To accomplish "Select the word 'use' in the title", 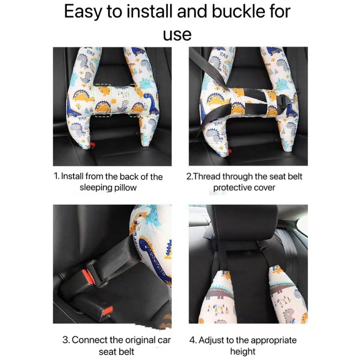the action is click(177, 35).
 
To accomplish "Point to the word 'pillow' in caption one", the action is click(125, 188).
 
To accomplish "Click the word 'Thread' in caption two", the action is click(206, 176).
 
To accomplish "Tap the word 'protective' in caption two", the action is click(230, 188).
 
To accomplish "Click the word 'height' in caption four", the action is click(243, 351).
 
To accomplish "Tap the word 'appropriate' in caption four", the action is click(274, 340).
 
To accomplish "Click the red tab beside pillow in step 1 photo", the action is click(92, 145).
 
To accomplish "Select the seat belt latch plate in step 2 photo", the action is click(286, 100).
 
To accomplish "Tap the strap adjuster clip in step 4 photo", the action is click(263, 245).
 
